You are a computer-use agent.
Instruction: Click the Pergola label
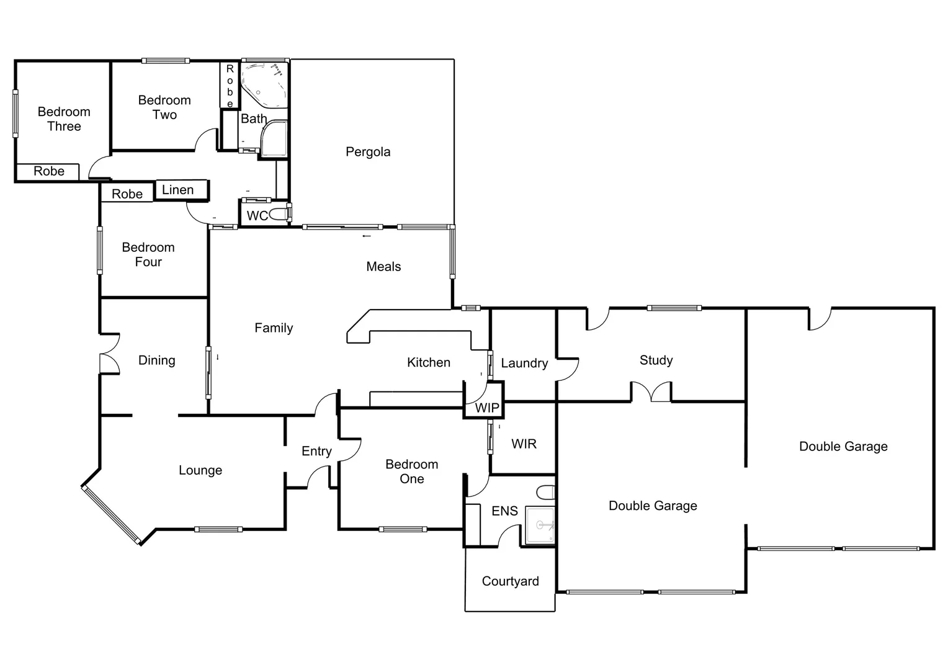[368, 152]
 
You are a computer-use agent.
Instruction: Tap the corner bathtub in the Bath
[263, 85]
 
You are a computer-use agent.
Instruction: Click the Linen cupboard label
[177, 190]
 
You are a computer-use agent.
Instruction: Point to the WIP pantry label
[487, 408]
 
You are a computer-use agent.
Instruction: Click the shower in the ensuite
[540, 525]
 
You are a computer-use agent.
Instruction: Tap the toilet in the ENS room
[546, 493]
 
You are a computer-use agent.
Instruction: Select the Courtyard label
[510, 581]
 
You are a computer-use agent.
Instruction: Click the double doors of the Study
[651, 392]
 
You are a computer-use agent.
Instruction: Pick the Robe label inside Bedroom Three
[48, 171]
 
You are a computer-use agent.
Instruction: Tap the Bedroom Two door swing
[207, 140]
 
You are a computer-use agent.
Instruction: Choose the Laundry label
[524, 364]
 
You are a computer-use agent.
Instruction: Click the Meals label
[383, 267]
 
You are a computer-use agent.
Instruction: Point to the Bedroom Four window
[100, 250]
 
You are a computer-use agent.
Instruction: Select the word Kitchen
[428, 362]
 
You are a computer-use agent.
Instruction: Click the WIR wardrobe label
[524, 444]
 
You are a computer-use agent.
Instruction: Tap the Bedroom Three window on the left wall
[16, 114]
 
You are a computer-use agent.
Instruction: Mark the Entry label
[316, 451]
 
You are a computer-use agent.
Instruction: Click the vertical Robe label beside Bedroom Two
[230, 86]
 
